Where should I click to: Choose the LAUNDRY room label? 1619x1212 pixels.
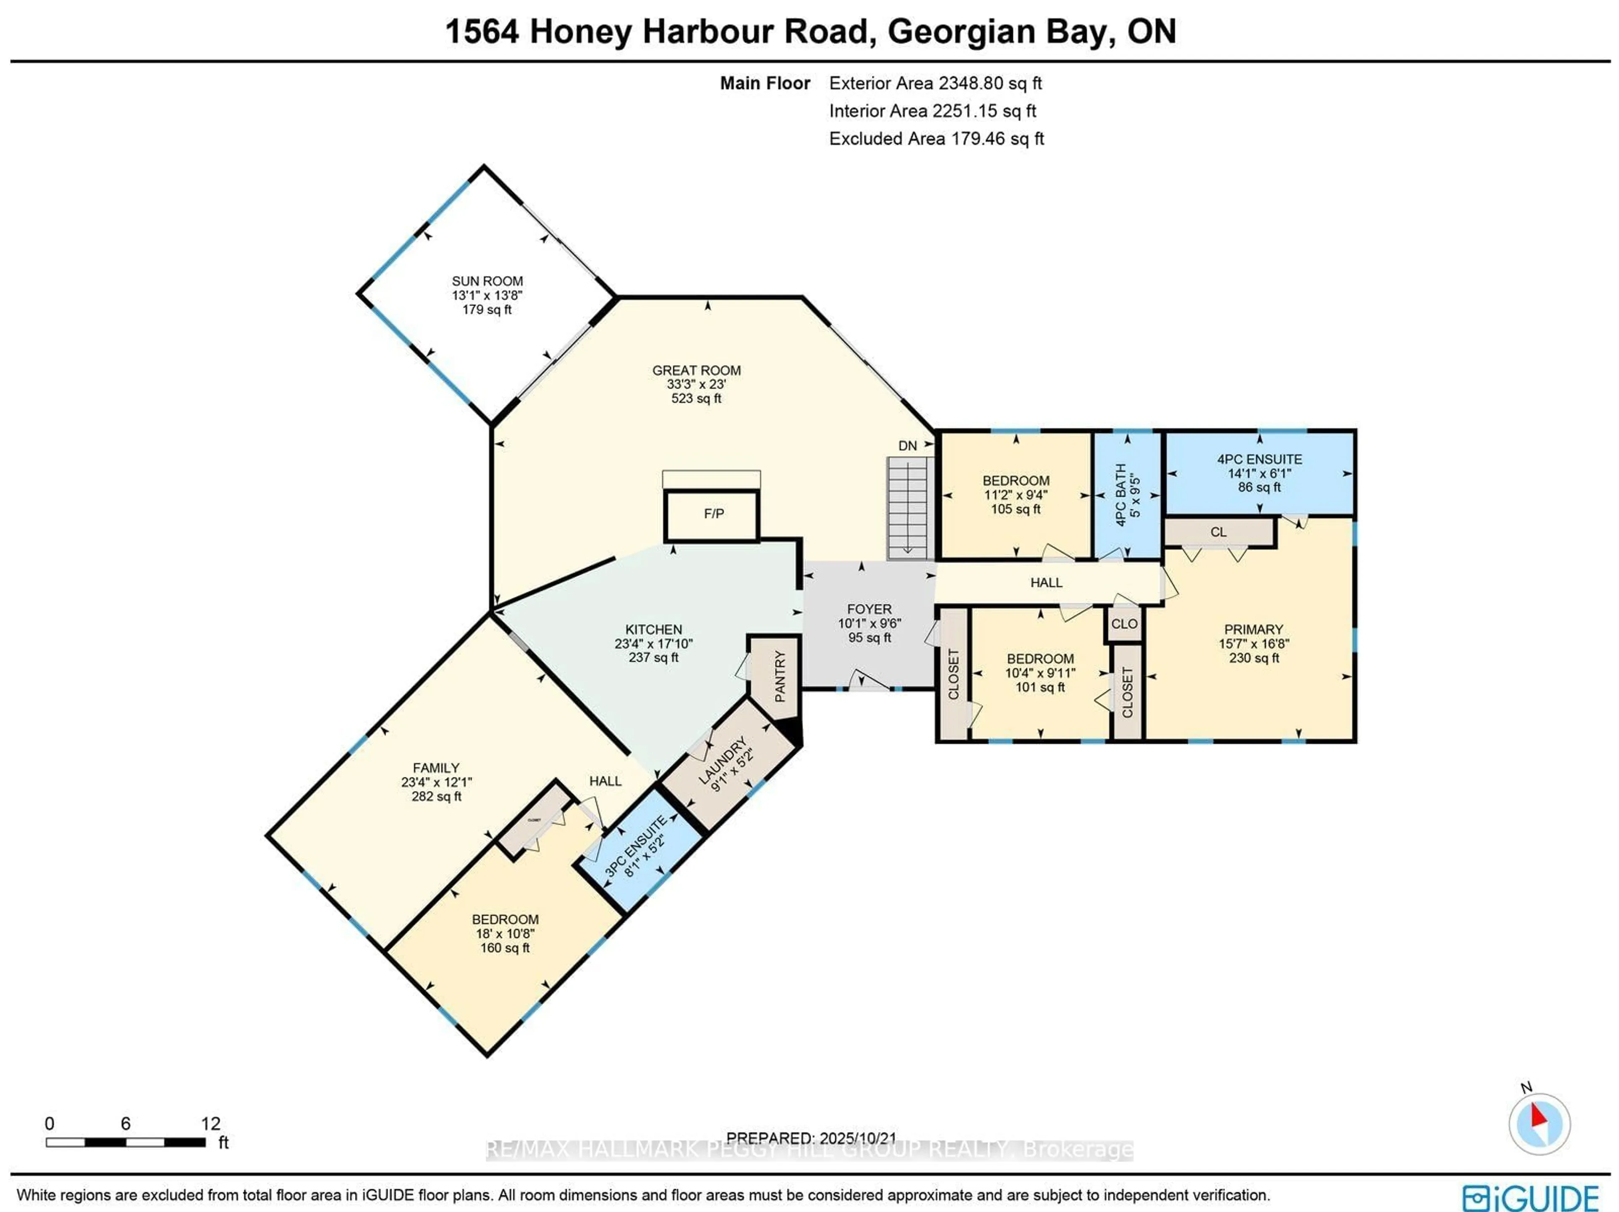tap(725, 764)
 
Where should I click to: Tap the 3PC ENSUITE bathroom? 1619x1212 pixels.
tap(635, 847)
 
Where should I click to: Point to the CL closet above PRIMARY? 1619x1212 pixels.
tap(1218, 532)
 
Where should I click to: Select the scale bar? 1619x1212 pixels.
tap(126, 1142)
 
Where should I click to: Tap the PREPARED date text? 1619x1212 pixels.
tap(811, 1138)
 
